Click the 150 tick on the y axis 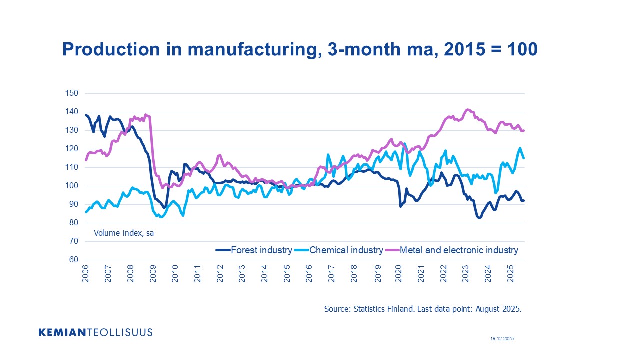[x=72, y=93]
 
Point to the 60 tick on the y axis [x=74, y=260]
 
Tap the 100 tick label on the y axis [x=72, y=186]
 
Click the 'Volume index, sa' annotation [x=124, y=233]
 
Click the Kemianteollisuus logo [x=95, y=332]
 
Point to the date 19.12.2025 [x=502, y=339]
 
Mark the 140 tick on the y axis [x=72, y=112]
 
